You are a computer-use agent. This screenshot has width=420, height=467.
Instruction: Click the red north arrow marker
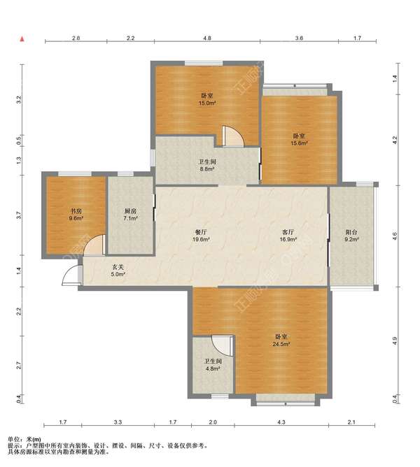click(22, 39)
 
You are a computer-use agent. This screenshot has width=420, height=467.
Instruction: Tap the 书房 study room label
click(76, 211)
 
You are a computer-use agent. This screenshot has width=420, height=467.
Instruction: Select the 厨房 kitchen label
click(130, 211)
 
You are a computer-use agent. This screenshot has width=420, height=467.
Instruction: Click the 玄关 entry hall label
click(118, 267)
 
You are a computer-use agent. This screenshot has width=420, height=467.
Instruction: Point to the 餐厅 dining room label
click(201, 232)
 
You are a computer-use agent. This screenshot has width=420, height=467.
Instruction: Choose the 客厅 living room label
click(288, 232)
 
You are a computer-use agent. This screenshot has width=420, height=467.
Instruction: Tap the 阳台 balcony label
click(351, 232)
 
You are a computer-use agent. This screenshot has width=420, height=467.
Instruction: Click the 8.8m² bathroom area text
click(207, 169)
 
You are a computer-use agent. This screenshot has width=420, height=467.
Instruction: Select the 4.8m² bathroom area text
click(213, 368)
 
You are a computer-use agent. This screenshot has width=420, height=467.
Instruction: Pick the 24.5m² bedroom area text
click(281, 344)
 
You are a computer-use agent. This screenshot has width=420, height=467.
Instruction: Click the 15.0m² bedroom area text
click(207, 103)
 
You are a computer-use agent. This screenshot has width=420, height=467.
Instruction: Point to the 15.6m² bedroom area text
click(299, 143)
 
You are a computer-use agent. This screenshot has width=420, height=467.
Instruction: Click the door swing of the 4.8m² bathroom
click(222, 345)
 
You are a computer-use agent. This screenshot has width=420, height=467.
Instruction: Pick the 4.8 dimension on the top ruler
click(207, 38)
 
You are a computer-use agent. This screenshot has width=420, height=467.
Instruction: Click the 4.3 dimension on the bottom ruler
click(281, 422)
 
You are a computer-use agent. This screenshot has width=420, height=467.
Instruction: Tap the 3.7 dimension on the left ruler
click(19, 215)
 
